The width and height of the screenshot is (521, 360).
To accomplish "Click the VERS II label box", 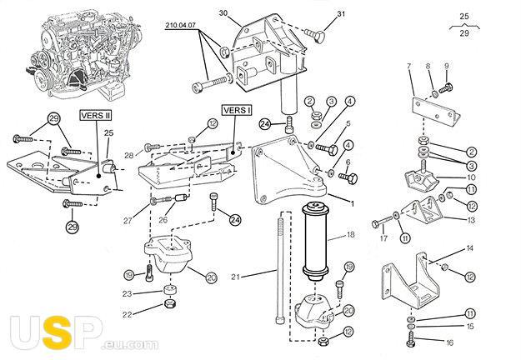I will pyautogui.click(x=95, y=117).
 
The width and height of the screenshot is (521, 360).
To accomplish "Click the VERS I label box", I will pyautogui.click(x=235, y=109).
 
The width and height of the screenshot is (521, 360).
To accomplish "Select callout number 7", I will pyautogui.click(x=408, y=66).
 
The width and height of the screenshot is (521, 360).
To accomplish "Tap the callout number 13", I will pyautogui.click(x=471, y=220).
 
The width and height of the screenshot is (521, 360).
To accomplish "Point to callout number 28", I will pyautogui.click(x=129, y=156).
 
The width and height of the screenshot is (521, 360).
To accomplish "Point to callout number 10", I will pyautogui.click(x=471, y=177).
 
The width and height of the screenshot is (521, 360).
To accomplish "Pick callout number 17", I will pyautogui.click(x=384, y=237).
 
